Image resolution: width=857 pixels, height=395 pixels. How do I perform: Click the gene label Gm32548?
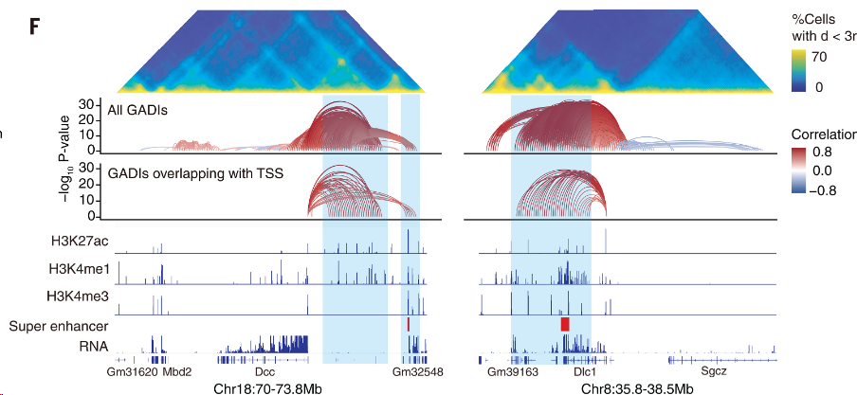(x=418, y=373)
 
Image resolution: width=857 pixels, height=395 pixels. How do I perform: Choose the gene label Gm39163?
(x=513, y=373)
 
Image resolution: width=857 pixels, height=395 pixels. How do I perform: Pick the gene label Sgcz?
(x=713, y=373)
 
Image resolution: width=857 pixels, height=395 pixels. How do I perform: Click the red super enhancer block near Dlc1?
(x=565, y=324)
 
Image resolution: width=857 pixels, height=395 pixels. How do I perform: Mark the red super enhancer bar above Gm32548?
(x=408, y=324)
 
